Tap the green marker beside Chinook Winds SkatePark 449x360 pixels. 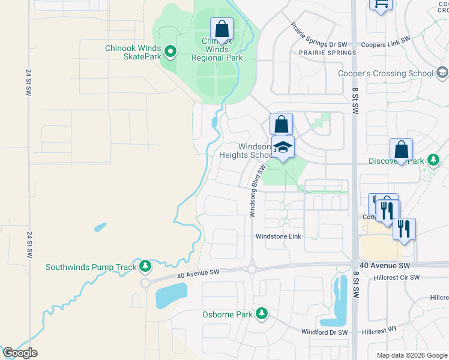pyautogui.click(x=170, y=52)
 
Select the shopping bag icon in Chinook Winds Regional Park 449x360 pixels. pyautogui.click(x=221, y=29)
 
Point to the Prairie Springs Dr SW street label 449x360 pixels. pyautogui.click(x=319, y=36)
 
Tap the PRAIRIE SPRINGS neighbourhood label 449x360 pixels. pyautogui.click(x=327, y=53)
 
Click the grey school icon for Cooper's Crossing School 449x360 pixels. pyautogui.click(x=442, y=73)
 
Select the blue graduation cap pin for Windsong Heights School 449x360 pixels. pyautogui.click(x=283, y=146)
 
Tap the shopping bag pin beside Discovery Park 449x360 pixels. pyautogui.click(x=401, y=149)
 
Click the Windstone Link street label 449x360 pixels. pyautogui.click(x=279, y=236)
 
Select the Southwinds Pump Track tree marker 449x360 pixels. pyautogui.click(x=144, y=266)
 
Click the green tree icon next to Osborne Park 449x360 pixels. pyautogui.click(x=261, y=313)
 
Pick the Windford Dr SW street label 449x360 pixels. pyautogui.click(x=324, y=332)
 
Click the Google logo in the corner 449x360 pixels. pyautogui.click(x=20, y=353)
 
